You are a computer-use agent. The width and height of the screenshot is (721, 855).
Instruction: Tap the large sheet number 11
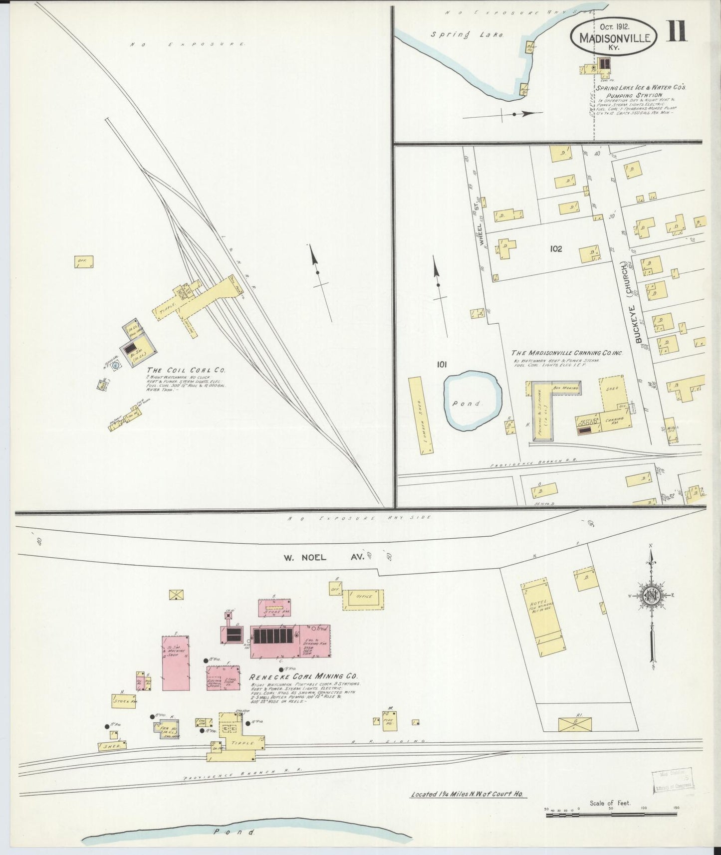point(677,30)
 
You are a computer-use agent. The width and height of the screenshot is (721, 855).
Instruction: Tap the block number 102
point(555,248)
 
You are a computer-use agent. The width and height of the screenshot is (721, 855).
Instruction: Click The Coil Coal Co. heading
point(186,371)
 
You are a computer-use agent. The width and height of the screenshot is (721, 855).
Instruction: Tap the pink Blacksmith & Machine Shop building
point(176,662)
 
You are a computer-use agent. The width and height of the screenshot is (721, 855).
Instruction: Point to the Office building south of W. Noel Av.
point(364,599)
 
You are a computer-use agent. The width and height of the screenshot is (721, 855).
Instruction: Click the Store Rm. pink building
point(275,607)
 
